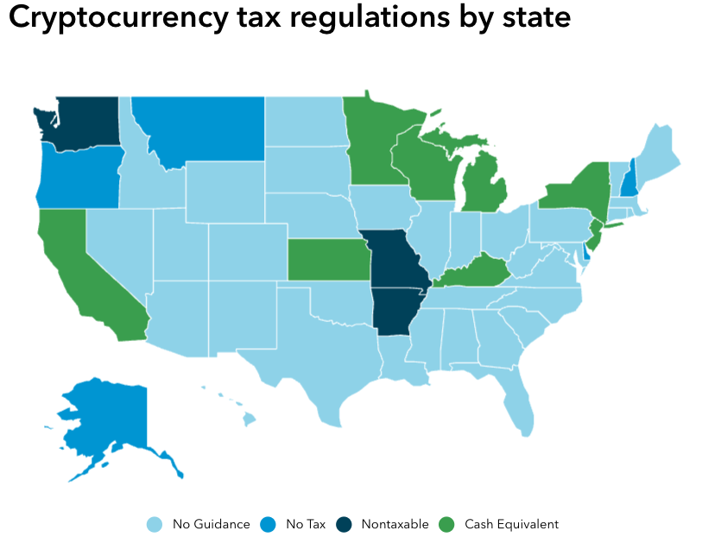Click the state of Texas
319,354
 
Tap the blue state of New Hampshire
632,177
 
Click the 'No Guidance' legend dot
155,524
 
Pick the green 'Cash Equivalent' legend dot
446,524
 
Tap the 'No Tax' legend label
306,524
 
